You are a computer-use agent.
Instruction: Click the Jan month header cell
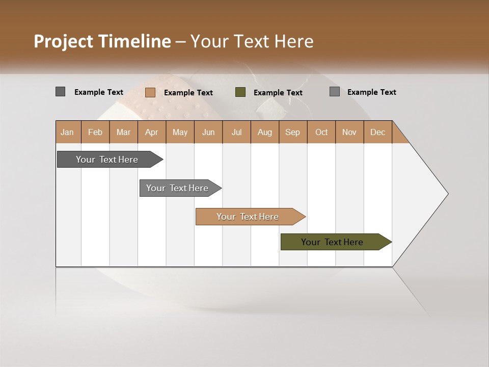point(67,132)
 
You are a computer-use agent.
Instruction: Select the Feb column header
point(95,132)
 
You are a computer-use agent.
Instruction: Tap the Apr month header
point(151,132)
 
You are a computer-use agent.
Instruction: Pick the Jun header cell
point(208,132)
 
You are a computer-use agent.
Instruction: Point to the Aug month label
point(264,132)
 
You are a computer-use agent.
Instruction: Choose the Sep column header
point(292,132)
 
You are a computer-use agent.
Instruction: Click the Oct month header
point(321,132)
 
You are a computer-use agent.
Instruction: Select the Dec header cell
point(377,132)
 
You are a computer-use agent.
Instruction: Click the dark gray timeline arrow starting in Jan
point(107,160)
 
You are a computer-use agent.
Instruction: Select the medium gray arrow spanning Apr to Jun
point(177,188)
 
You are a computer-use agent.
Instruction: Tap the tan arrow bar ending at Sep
point(248,217)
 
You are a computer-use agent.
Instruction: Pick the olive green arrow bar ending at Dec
point(332,242)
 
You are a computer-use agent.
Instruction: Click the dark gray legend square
point(61,92)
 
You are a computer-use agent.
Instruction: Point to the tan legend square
point(150,92)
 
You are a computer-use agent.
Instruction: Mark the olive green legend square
point(240,92)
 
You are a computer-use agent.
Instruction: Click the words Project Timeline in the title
point(102,41)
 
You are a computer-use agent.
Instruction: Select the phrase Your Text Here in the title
point(252,41)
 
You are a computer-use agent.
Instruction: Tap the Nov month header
point(349,132)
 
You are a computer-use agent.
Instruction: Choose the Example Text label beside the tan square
point(188,93)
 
